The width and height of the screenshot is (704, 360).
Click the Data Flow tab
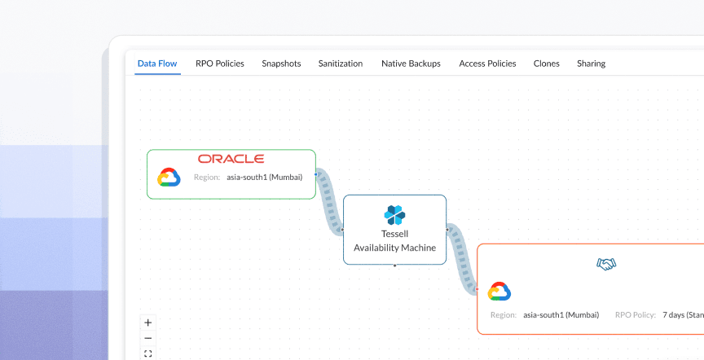157,64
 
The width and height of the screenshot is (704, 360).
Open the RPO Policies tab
219,64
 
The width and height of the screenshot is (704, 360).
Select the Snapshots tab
281,64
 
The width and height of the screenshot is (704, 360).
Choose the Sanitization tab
341,64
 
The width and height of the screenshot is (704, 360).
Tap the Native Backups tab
411,64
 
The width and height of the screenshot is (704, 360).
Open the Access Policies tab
487,64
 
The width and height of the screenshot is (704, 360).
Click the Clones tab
547,64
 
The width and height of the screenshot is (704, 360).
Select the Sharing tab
591,64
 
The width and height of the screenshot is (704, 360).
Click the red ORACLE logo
231,159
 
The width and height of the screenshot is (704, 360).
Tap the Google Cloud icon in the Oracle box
169,177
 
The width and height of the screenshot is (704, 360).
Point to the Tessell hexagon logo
394,215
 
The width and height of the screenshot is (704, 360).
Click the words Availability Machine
394,248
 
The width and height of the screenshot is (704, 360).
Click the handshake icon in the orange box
606,264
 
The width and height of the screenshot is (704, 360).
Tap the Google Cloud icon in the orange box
499,291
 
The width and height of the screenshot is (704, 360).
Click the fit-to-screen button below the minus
147,353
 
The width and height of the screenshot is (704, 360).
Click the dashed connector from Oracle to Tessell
329,202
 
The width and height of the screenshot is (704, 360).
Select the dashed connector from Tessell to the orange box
462,260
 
